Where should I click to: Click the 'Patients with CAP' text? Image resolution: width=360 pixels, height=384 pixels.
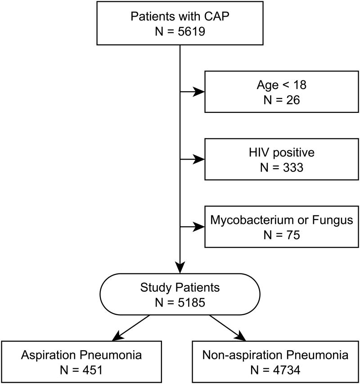(180, 16)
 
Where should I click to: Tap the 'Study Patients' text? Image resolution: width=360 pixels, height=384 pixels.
(180, 287)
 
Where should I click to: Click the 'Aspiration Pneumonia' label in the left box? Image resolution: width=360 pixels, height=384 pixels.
(81, 355)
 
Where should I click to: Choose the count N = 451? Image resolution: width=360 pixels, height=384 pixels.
(81, 370)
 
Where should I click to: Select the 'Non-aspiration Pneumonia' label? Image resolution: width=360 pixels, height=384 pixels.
(275, 355)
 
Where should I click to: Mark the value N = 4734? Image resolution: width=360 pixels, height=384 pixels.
(275, 370)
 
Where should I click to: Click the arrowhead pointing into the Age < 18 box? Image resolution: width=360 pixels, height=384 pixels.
(199, 92)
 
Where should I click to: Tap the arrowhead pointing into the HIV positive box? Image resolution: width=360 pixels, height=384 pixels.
(199, 159)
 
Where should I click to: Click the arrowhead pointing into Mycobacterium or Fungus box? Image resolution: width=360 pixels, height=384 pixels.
(199, 227)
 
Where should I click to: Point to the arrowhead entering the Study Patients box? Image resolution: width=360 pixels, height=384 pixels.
(180, 268)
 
